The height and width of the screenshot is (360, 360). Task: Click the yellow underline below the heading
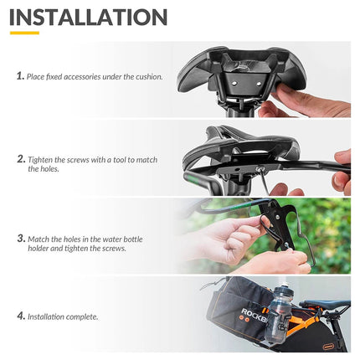point(24,34)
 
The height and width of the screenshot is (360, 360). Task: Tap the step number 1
point(19,76)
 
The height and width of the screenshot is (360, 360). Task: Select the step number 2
point(21,158)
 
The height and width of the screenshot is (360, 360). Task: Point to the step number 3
point(21,239)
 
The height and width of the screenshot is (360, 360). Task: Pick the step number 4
point(20,316)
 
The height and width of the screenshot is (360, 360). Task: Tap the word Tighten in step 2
point(41,159)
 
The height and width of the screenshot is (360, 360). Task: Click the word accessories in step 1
point(86,77)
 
